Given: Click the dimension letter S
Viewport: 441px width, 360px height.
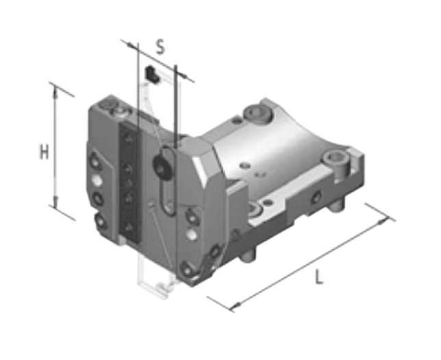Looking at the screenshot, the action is (160, 47).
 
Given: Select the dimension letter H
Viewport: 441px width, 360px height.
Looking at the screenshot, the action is (44, 152).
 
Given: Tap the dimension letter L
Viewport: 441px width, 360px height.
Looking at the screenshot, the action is (319, 277).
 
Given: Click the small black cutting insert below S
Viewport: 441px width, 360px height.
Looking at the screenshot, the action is (153, 74).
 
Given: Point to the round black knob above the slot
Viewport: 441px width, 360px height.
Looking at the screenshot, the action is (162, 166).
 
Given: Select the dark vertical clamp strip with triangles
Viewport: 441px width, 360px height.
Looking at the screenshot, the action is (130, 183).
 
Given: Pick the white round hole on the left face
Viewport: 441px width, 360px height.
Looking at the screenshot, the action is (97, 181).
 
